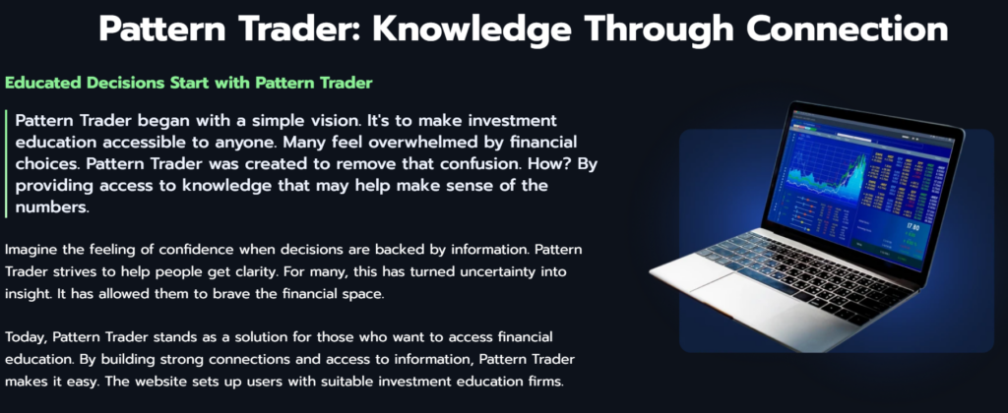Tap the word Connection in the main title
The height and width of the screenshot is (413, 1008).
[848, 29]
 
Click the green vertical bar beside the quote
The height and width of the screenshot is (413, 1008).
[7, 162]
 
